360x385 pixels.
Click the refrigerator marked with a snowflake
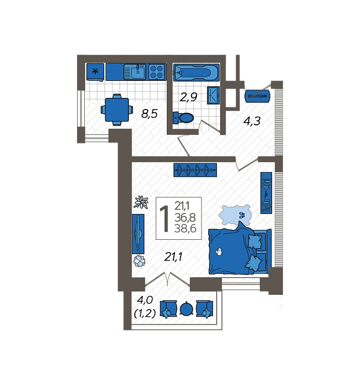(95, 71)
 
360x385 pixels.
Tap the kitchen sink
(135, 72)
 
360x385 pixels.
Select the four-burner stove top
(156, 72)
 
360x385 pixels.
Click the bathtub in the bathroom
(196, 73)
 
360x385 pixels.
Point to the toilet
(183, 118)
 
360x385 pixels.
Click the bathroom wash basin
(213, 95)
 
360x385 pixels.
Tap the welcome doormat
(257, 96)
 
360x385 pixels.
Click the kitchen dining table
(117, 110)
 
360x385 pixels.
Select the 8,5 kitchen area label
(149, 114)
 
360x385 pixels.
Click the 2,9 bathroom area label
(188, 97)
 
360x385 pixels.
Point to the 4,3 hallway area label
(252, 121)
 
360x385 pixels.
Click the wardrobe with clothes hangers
(195, 170)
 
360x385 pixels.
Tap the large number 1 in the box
(165, 218)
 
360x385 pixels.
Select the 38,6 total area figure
(186, 229)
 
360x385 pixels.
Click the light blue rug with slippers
(234, 216)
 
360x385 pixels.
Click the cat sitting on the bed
(218, 251)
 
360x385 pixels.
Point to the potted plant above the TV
(141, 202)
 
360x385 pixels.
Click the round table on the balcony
(187, 309)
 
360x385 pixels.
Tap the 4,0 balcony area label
(145, 300)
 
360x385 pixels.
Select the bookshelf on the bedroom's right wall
(266, 193)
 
